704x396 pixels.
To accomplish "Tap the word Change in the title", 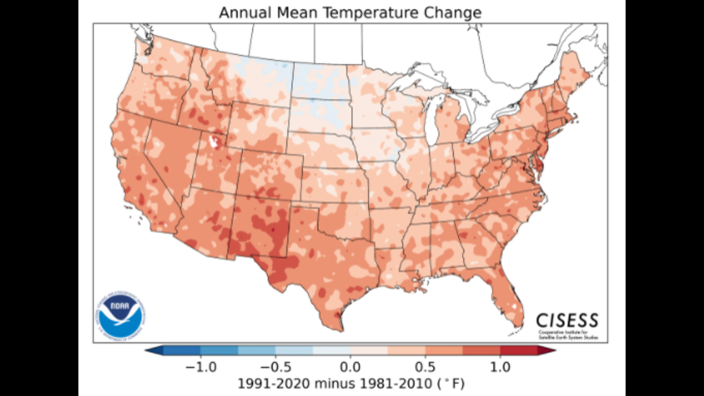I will pos(452,13).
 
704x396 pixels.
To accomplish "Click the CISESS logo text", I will pos(567,320).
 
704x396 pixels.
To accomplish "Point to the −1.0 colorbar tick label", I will pos(201,367).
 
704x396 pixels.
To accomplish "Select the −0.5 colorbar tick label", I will pos(275,367).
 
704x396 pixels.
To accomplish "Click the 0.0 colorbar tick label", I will pos(350,367).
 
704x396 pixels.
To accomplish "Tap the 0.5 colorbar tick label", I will pos(425,367).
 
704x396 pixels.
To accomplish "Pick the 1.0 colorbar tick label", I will pos(500,367).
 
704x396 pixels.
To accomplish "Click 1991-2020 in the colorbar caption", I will pos(274,384).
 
